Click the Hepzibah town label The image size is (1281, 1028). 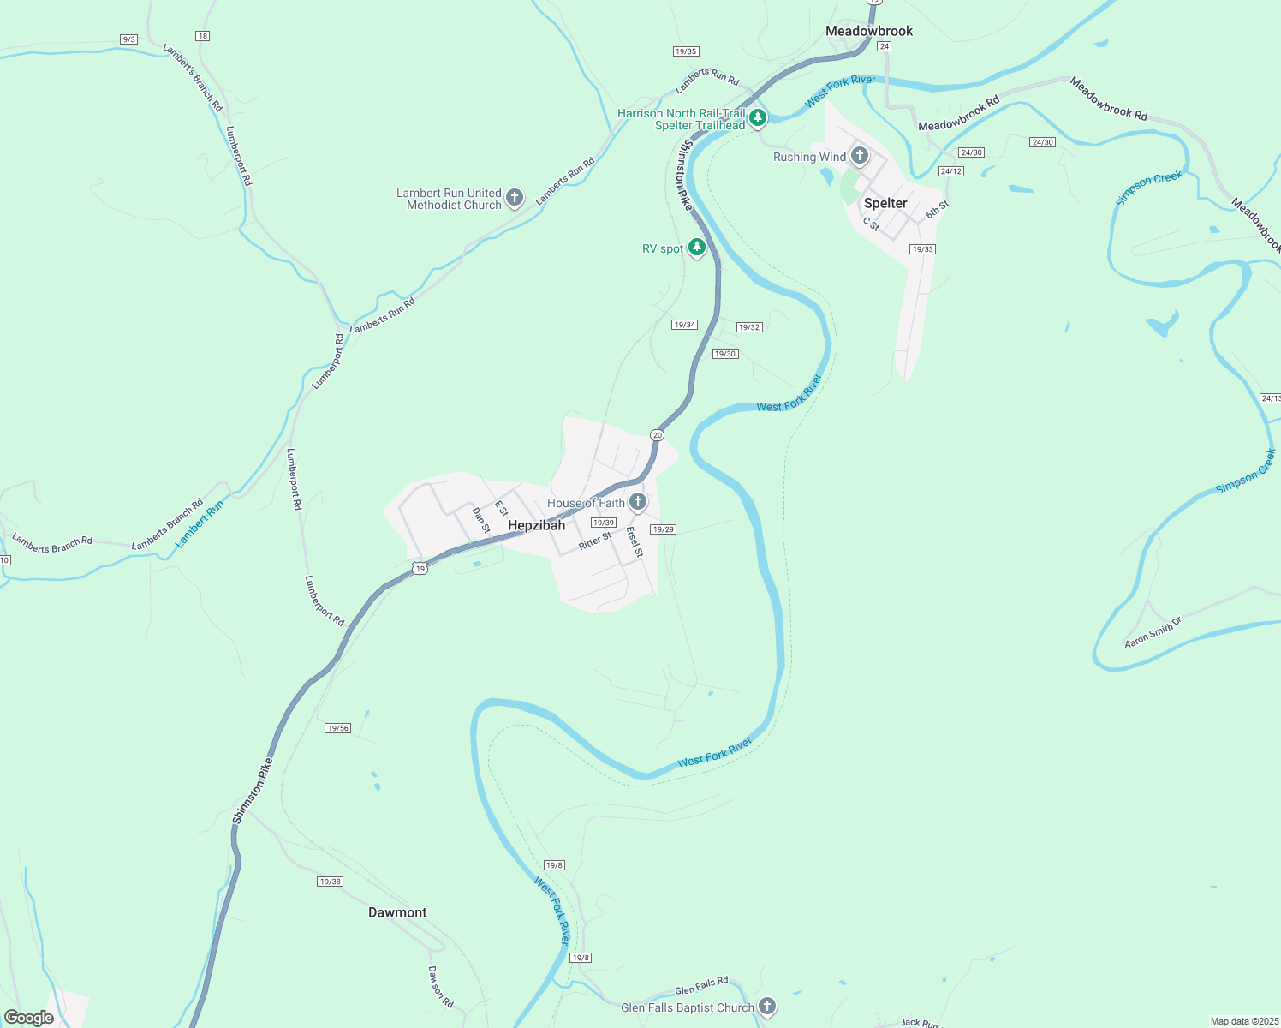(x=536, y=525)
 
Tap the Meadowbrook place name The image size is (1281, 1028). (x=869, y=31)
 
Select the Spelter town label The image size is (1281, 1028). (x=885, y=203)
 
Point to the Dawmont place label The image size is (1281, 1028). (x=397, y=912)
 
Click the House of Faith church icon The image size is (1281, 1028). (x=638, y=502)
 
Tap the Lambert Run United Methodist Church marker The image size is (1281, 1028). (x=515, y=198)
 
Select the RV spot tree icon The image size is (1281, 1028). (x=698, y=248)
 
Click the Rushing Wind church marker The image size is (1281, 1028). (x=860, y=156)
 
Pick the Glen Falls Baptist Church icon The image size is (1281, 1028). (x=768, y=1007)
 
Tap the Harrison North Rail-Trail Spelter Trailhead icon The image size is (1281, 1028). (x=757, y=117)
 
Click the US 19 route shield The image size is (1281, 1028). (x=420, y=568)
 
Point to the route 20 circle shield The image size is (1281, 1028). (x=657, y=435)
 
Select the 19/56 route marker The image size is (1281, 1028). (x=338, y=728)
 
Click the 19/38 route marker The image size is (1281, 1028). (x=330, y=882)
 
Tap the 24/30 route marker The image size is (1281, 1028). (x=1042, y=142)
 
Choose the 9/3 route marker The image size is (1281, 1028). (x=128, y=39)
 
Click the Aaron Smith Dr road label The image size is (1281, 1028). (x=1153, y=632)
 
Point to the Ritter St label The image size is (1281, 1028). (x=595, y=541)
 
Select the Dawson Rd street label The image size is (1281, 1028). (x=440, y=987)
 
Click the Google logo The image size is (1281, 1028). (x=29, y=1018)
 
